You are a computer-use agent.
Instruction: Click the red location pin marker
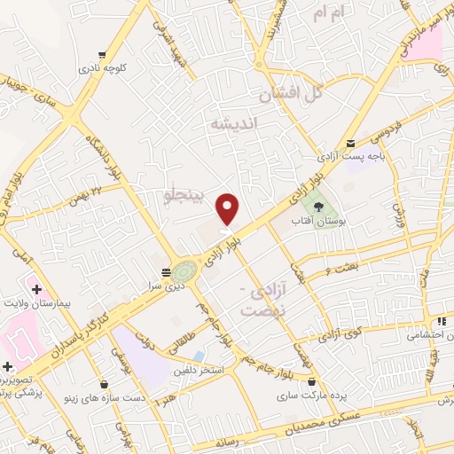pos(228,208)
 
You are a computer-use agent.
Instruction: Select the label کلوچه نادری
pos(105,67)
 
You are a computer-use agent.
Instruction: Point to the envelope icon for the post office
pos(352,144)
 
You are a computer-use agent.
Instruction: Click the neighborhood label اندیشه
pos(232,124)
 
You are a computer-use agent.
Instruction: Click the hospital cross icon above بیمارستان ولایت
pos(35,289)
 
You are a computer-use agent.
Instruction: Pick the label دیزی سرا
pos(166,284)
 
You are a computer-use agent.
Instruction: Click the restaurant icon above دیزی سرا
pos(166,271)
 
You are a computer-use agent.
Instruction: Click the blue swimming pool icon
pos(209,354)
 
